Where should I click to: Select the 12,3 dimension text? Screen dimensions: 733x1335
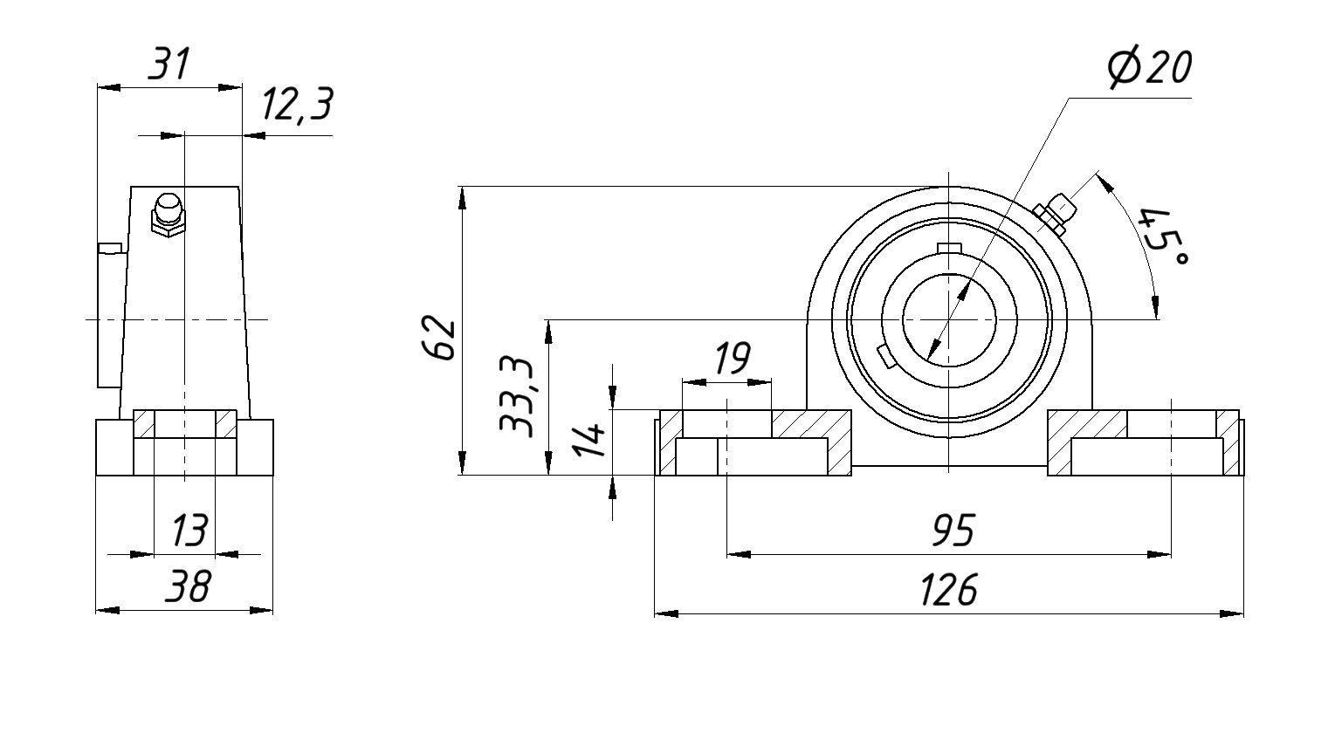[x=296, y=106]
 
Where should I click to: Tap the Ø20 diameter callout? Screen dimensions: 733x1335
[x=1147, y=68]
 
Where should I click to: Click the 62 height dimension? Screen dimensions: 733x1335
[x=438, y=338]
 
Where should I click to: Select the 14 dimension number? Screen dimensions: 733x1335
[x=589, y=440]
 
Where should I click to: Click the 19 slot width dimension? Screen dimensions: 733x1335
[x=731, y=358]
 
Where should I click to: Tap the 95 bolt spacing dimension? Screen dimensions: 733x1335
[x=953, y=531]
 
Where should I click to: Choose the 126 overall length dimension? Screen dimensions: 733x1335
[x=948, y=591]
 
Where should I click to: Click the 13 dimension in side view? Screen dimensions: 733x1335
[x=189, y=530]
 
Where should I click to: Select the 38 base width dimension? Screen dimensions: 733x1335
[x=187, y=587]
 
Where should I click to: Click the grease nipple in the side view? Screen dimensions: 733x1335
[x=168, y=215]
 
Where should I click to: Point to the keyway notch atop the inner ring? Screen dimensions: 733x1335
[x=947, y=248]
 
